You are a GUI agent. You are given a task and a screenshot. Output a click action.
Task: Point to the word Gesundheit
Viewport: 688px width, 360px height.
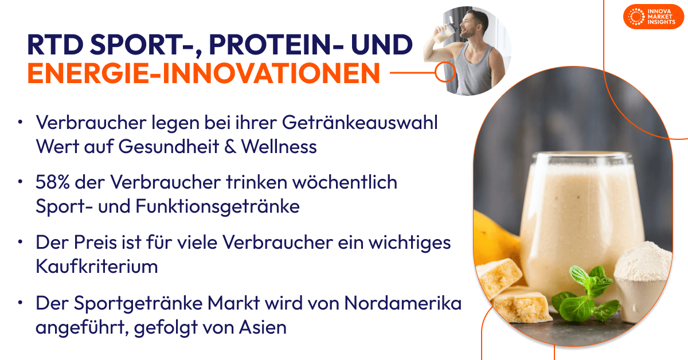(175, 146)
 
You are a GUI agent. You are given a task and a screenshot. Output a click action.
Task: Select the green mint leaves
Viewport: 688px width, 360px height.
(579, 292)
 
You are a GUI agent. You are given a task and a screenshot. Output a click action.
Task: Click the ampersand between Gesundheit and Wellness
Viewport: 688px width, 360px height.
(230, 146)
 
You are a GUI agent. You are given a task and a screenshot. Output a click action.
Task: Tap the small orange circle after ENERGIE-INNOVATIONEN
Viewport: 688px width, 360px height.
(444, 73)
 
